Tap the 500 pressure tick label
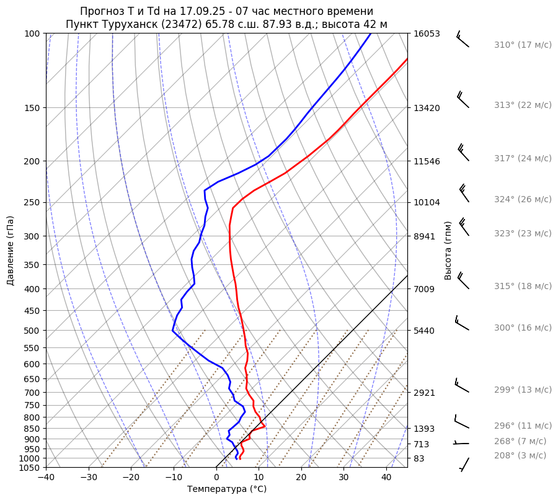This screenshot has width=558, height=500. [x=32, y=331]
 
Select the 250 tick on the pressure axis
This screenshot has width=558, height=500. [x=32, y=202]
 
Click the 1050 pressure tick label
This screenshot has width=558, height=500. [x=30, y=468]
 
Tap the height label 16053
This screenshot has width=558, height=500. [x=427, y=33]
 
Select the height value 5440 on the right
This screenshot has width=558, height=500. [x=424, y=331]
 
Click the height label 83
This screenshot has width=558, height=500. [x=419, y=458]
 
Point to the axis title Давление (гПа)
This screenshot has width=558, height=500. [x=11, y=251]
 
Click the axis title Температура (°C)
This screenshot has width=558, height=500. [x=227, y=489]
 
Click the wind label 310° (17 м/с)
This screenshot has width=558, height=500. [x=523, y=45]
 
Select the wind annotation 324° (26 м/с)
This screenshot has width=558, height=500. [x=523, y=200]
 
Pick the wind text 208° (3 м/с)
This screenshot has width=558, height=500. [x=520, y=455]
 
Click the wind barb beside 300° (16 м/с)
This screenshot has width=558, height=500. [x=461, y=322]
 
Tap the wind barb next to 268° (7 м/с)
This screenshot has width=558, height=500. [x=461, y=443]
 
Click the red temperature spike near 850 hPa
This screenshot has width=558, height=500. [x=265, y=426]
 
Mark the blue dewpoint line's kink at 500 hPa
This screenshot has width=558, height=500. [x=173, y=331]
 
